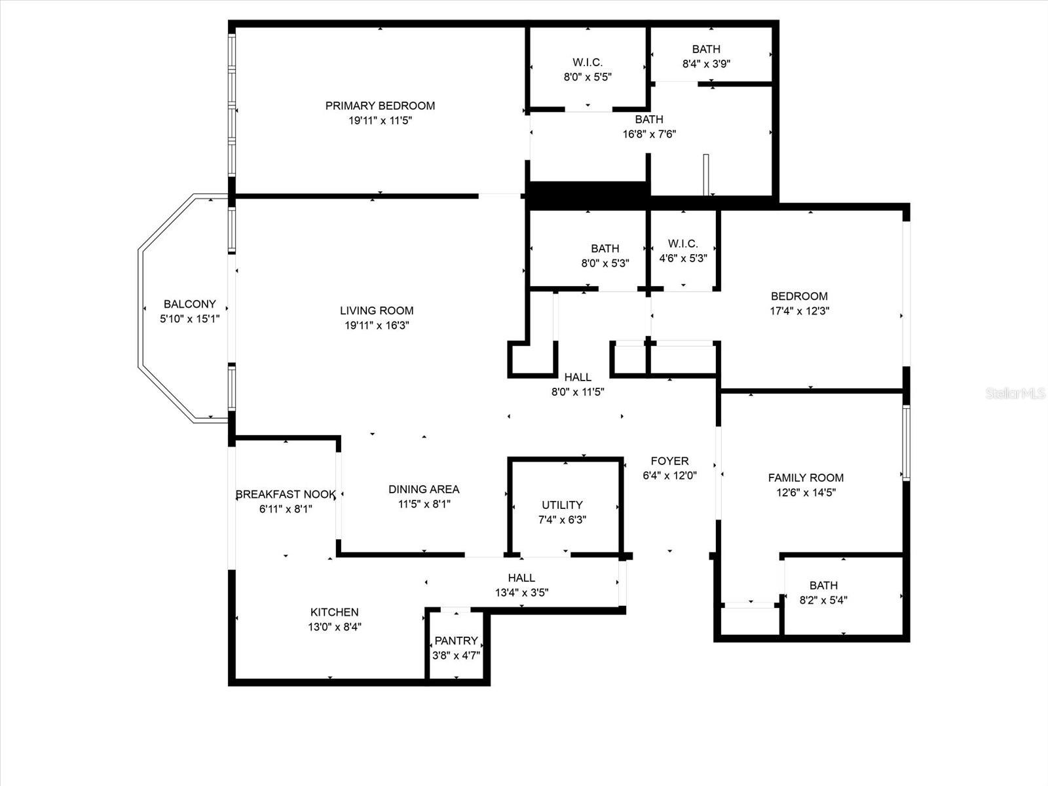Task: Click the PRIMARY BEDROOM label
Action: coord(380,105)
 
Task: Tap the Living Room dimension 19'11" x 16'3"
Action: coord(377,325)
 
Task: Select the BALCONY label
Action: coord(189,304)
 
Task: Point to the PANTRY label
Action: coord(456,641)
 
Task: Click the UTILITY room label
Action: coord(562,505)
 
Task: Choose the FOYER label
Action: coord(669,461)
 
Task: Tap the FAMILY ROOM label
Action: coord(806,478)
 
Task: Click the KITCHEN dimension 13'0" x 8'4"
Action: coord(335,626)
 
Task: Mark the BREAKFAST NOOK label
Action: coord(286,495)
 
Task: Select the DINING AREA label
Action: coord(424,489)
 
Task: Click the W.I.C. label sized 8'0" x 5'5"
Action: coord(588,62)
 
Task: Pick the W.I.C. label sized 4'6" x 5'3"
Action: coord(683,244)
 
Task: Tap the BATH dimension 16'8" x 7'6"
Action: coord(649,134)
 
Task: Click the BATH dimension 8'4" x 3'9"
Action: coord(706,64)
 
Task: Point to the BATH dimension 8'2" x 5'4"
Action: coord(823,600)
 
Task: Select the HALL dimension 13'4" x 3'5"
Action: coord(521,593)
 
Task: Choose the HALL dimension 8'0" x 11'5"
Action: coord(577,392)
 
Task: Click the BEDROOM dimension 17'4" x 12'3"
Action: coord(799,311)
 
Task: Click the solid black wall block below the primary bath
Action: coord(588,195)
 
